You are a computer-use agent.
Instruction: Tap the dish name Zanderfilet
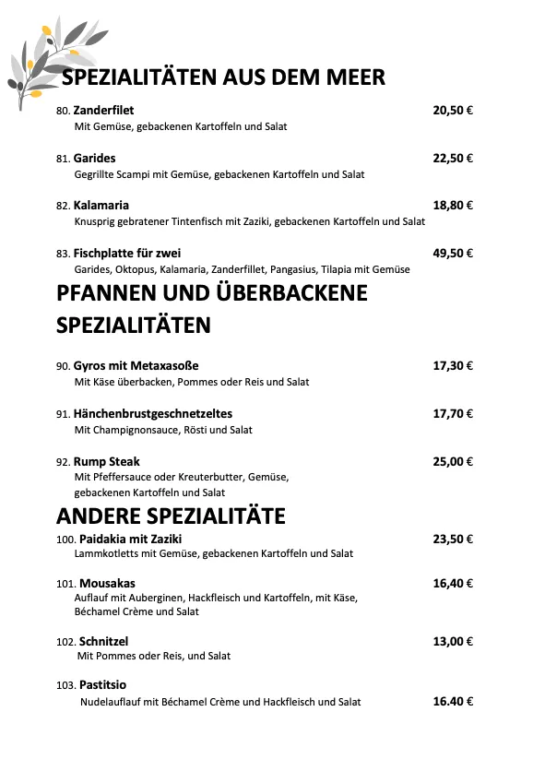coord(103,111)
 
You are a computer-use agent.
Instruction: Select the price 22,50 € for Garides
coord(453,158)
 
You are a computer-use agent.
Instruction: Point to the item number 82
coord(63,206)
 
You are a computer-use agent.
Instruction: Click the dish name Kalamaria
coord(101,205)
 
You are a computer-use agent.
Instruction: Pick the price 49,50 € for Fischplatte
coord(453,253)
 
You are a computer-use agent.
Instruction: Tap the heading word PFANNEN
coord(114,293)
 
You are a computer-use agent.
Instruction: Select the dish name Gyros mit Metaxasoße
coord(136,366)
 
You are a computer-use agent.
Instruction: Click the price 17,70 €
coord(453,413)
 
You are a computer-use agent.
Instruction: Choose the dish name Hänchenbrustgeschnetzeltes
coord(153,413)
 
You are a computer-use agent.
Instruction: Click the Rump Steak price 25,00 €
coord(453,461)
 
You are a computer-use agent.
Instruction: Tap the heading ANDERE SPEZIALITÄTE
coord(171,515)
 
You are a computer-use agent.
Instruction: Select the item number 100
coord(65,539)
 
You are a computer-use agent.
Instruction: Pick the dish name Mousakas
coord(107,583)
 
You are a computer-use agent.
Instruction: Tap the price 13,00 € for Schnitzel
coord(453,641)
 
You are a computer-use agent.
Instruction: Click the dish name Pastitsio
coord(102,685)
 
